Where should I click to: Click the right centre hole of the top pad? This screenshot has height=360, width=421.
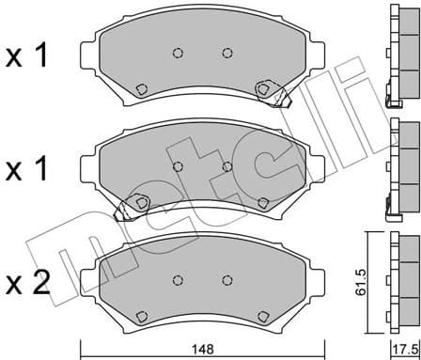tap(226, 53)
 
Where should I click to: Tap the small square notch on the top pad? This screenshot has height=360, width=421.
tap(141, 89)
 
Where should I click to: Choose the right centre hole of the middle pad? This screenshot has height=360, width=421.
tap(226, 166)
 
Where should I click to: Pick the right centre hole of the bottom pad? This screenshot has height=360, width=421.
tap(226, 279)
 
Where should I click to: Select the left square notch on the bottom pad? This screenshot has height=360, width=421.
tap(142, 316)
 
